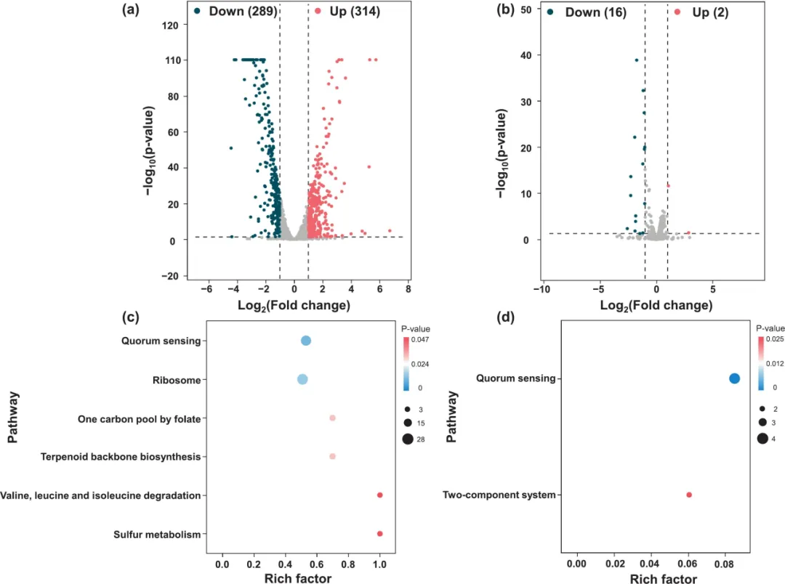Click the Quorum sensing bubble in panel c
click(x=306, y=341)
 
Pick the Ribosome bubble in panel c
click(x=302, y=379)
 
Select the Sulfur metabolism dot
click(x=379, y=534)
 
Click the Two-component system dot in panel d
click(x=689, y=495)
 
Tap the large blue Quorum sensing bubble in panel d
click(x=734, y=378)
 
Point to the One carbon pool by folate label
click(x=139, y=418)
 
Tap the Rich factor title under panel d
click(x=662, y=579)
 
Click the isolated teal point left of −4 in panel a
click(x=231, y=148)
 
